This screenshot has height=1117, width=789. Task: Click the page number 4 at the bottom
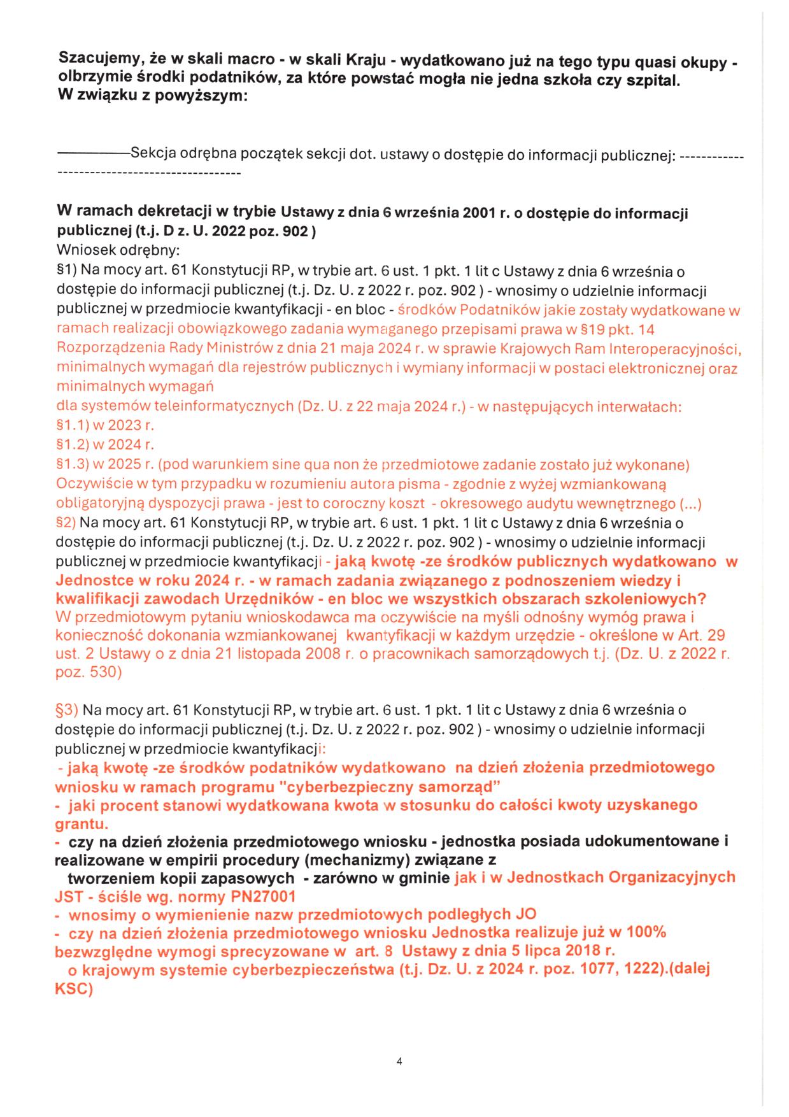399,1061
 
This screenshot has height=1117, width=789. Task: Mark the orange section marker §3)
67,709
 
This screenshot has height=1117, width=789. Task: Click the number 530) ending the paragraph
103,672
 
